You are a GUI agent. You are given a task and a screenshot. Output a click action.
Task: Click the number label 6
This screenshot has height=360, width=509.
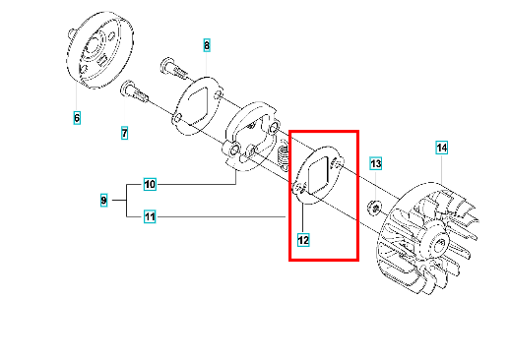tap(77, 118)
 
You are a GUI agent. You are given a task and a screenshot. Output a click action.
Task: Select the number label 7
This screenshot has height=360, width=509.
tap(124, 133)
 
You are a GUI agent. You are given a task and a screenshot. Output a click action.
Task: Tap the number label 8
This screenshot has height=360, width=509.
tap(207, 45)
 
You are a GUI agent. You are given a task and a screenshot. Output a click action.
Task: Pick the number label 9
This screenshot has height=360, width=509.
tap(103, 200)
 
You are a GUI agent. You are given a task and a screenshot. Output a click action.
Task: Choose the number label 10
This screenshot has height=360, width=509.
tap(150, 184)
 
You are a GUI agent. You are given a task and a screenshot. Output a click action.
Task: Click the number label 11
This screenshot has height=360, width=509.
tap(150, 216)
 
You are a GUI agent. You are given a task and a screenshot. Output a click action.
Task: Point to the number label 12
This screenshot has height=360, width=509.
tap(303, 240)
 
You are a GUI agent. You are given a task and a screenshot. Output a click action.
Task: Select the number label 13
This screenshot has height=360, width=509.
tap(376, 163)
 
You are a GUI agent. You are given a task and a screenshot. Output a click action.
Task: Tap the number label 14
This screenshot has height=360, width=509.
tap(442, 148)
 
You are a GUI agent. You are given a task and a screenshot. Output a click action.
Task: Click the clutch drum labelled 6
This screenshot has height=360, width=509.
tap(100, 50)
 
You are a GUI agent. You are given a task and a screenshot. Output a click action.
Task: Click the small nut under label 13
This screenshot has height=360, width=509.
tap(375, 207)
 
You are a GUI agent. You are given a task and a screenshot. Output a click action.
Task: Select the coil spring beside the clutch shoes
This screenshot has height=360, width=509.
tap(284, 153)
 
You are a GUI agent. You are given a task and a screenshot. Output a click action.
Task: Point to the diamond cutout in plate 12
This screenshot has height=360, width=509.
tap(317, 175)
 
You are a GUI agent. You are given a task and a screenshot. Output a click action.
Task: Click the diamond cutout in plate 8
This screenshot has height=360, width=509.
tap(199, 105)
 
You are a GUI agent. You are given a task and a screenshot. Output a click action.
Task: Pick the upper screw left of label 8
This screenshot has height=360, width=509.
tap(174, 69)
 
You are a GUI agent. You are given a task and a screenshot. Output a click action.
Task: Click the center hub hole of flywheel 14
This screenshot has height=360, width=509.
tap(441, 243)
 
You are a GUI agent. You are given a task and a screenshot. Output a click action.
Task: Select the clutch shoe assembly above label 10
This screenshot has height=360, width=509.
tap(251, 136)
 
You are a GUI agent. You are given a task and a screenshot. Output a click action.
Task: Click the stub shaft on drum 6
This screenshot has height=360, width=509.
tap(71, 32)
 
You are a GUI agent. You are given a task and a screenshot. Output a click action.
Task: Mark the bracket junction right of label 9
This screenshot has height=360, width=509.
tap(127, 200)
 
